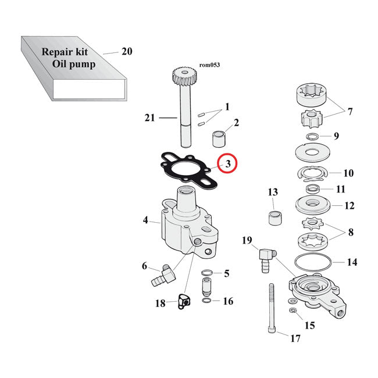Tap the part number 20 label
pyautogui.click(x=127, y=52)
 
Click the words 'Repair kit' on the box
pyautogui.click(x=63, y=51)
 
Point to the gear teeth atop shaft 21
pyautogui.click(x=183, y=76)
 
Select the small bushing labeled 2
pyautogui.click(x=220, y=140)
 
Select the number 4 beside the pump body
pyautogui.click(x=147, y=220)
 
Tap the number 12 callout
pyautogui.click(x=350, y=205)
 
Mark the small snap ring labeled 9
pyautogui.click(x=311, y=137)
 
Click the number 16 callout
pyautogui.click(x=228, y=301)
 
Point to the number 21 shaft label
pyautogui.click(x=150, y=119)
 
